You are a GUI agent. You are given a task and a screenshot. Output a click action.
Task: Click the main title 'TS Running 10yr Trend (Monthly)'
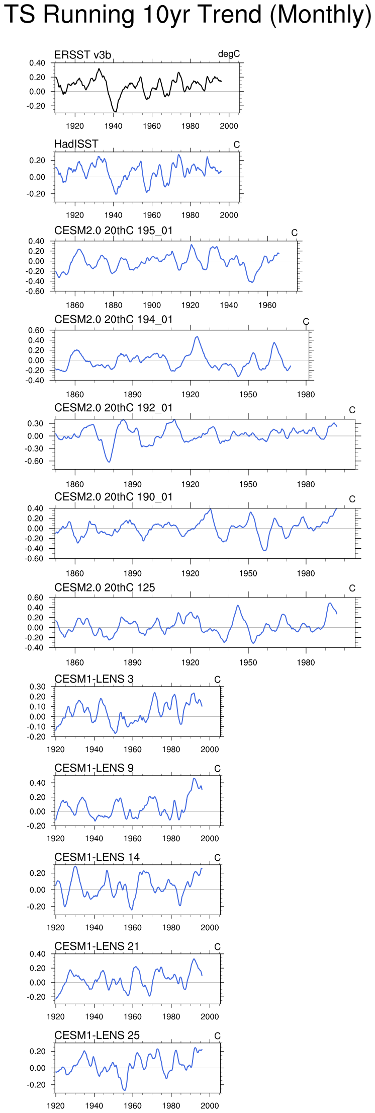[187, 15]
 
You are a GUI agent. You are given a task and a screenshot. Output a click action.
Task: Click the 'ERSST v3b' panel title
[82, 55]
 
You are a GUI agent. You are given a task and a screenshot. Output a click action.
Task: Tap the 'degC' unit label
[229, 54]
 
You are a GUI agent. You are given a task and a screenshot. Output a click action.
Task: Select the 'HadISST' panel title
[76, 144]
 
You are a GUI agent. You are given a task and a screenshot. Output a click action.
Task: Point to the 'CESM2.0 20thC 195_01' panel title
[114, 231]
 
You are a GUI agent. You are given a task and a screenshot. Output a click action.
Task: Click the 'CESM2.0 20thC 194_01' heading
[114, 320]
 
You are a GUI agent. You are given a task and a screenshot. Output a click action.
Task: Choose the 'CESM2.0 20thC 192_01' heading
[114, 408]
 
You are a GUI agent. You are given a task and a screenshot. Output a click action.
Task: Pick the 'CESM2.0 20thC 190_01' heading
[114, 497]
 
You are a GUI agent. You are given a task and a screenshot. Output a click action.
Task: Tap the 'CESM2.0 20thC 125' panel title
[105, 587]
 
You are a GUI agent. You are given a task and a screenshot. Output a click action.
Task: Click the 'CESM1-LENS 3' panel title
[94, 679]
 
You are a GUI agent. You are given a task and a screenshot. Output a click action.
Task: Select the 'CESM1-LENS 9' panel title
[94, 768]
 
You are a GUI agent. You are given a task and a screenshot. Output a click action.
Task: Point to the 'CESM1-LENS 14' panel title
[97, 857]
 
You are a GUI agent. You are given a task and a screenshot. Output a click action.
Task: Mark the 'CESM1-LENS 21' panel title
[97, 946]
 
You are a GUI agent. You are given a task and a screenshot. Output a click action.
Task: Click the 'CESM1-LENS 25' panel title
[97, 1035]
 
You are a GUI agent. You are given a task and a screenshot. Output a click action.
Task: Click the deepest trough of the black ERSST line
[115, 112]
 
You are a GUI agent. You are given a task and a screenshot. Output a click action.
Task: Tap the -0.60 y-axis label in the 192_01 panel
[36, 461]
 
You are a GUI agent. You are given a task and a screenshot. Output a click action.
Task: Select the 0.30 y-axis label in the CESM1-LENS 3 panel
[37, 687]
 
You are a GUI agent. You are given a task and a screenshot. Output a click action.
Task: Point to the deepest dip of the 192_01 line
[109, 462]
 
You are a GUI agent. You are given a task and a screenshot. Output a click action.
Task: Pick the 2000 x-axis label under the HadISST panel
[229, 215]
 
